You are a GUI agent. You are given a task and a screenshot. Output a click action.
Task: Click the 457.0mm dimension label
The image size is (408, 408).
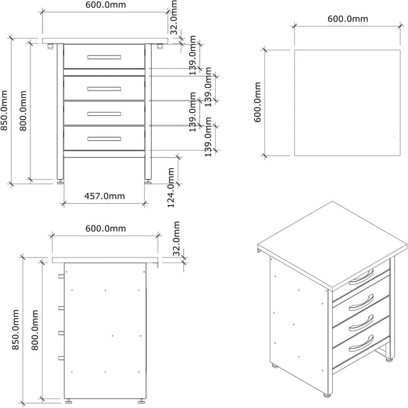click(104, 196)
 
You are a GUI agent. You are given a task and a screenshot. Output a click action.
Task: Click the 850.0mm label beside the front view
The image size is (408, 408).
click(5, 110)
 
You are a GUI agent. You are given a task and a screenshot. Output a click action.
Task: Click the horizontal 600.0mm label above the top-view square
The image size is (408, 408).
click(347, 19)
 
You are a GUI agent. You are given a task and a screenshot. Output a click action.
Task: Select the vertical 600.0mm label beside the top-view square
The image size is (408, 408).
click(258, 102)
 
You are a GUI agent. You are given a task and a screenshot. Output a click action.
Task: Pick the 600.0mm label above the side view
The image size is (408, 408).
click(106, 228)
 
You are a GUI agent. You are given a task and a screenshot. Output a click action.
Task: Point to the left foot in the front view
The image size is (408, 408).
click(61, 181)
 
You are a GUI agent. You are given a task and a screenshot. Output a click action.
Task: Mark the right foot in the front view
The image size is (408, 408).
click(149, 181)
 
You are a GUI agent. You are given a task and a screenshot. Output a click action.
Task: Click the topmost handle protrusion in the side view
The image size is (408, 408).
click(60, 276)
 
